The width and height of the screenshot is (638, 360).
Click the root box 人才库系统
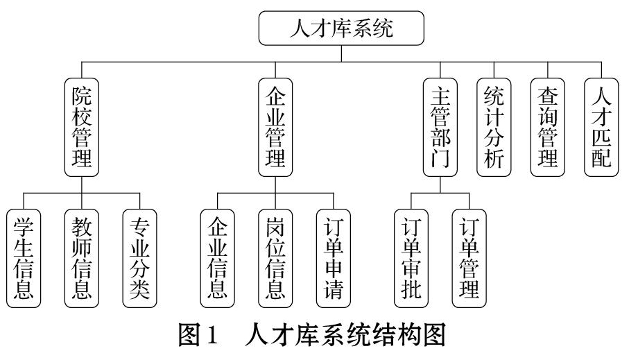click(341, 28)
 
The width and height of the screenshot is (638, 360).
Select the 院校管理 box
click(82, 128)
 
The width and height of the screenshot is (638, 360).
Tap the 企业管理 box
click(275, 128)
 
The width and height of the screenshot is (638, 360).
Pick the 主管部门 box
click(440, 128)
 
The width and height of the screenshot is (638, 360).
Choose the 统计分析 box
click(494, 128)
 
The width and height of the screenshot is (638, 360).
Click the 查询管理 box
click(548, 128)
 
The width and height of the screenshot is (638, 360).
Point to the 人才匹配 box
click(601, 128)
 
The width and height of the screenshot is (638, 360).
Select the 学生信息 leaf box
click(24, 258)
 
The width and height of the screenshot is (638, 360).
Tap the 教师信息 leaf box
click(82, 258)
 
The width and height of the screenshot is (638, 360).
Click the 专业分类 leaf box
click(139, 258)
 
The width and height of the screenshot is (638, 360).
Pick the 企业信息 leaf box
click(217, 258)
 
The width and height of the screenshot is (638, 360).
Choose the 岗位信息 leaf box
click(275, 258)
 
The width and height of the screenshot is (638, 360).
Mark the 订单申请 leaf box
click(334, 258)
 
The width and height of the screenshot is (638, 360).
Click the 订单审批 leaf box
click(411, 258)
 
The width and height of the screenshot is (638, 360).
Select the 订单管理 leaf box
click(469, 258)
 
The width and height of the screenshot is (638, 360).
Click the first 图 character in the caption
click(189, 335)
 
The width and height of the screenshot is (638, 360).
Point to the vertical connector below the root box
click(341, 53)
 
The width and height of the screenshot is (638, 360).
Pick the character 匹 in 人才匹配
click(601, 137)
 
